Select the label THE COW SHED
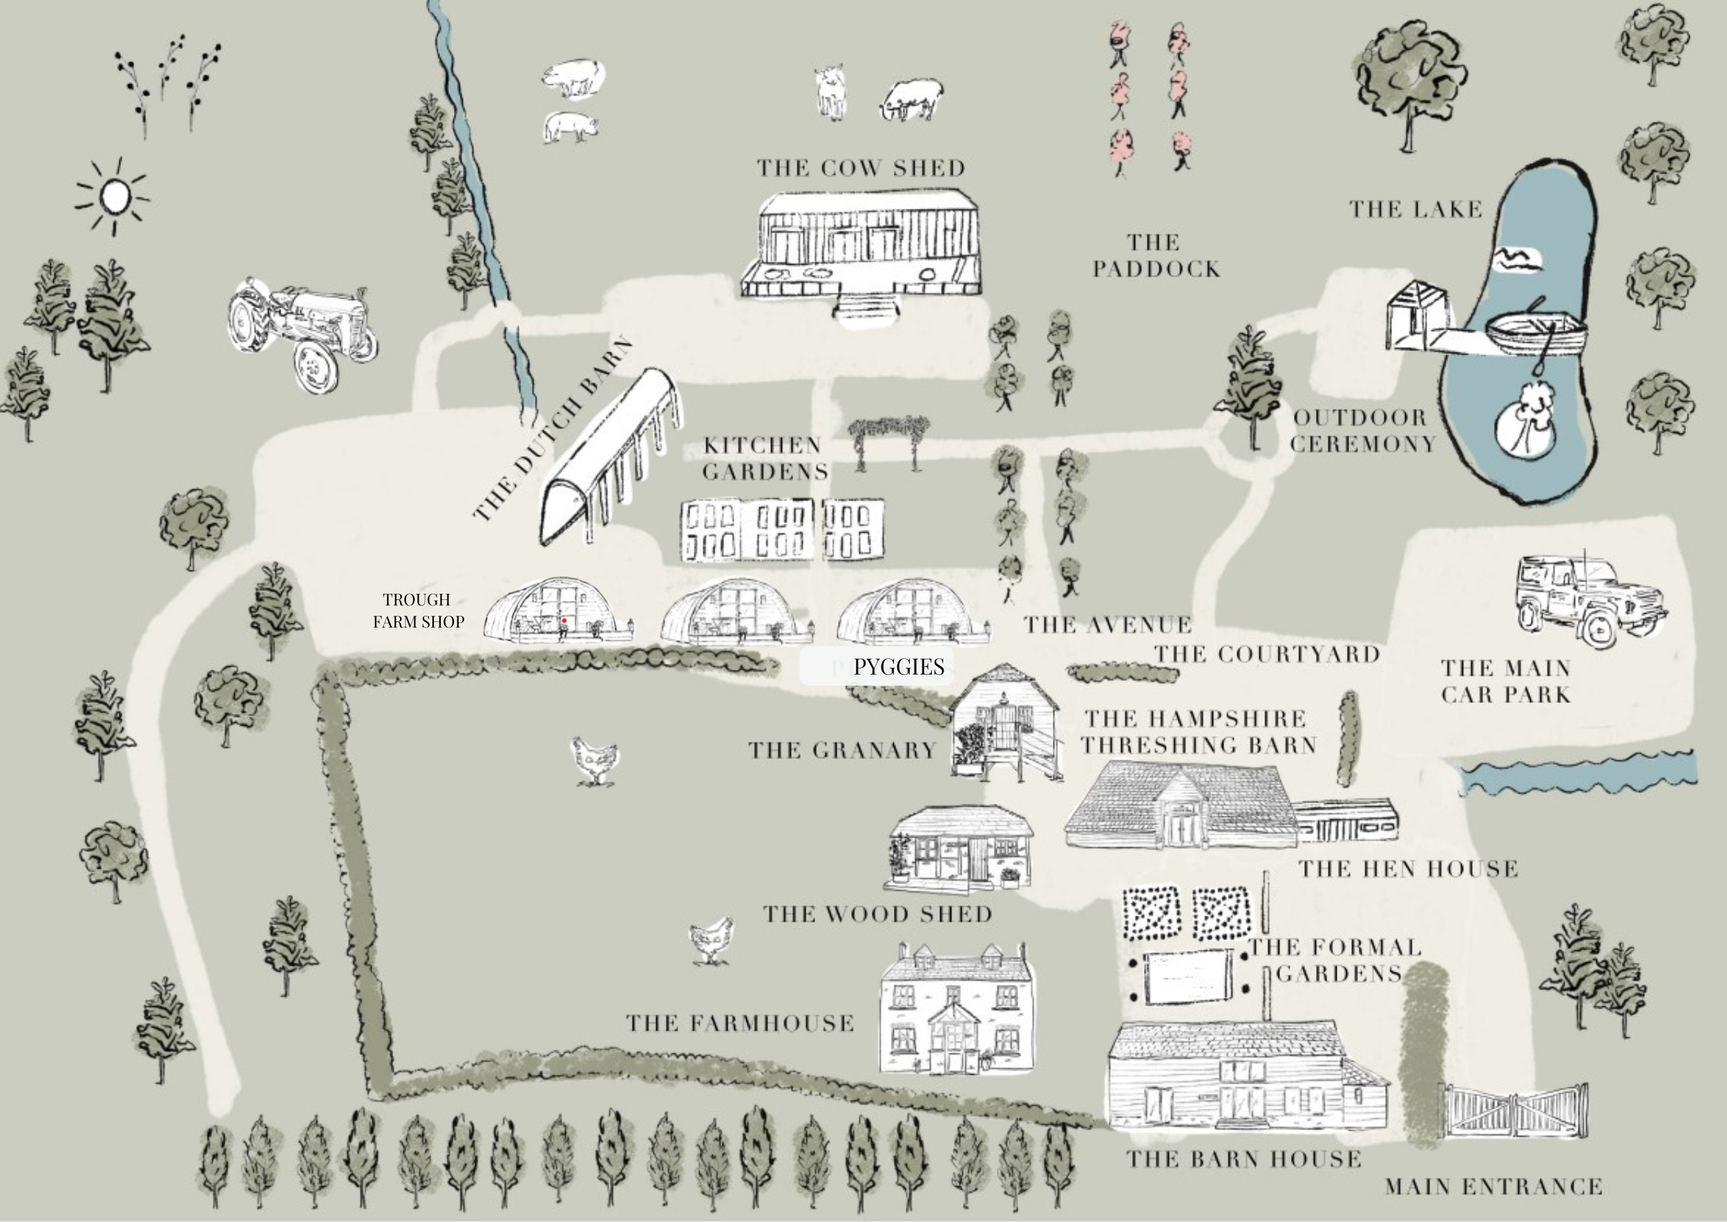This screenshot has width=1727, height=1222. pos(861,168)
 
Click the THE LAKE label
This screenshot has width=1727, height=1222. pos(1415,209)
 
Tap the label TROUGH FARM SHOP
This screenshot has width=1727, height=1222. pos(418,610)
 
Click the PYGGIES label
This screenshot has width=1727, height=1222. pos(898,667)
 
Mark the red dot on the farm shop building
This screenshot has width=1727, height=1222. pos(564,621)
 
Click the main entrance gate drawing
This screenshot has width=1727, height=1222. pos(1514,1110)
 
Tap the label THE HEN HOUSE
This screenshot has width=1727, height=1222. pos(1408,869)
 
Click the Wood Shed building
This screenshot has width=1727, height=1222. pos(960,847)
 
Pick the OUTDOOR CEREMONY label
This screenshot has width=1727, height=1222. pos(1363,431)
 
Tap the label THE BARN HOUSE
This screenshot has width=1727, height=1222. pos(1243,1159)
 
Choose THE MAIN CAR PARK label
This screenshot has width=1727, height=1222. pos(1506,681)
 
